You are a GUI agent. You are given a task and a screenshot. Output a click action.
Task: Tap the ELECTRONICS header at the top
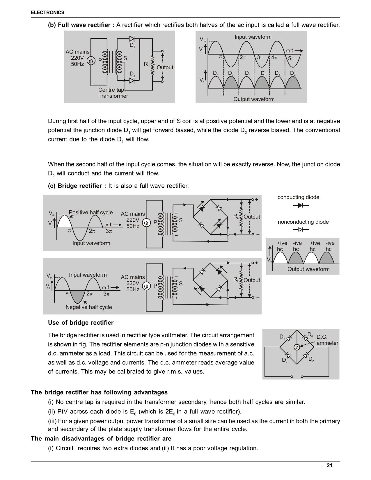coord(47,13)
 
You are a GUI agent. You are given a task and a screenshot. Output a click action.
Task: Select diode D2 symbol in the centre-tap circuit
coord(132,80)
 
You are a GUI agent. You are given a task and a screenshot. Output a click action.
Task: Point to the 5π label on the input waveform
coord(291,58)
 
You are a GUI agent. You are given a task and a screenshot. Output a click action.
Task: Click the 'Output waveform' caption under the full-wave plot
coord(254,99)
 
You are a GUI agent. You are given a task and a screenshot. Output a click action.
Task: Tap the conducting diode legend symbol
coord(301,205)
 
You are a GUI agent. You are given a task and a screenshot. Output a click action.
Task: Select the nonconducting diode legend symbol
coord(301,230)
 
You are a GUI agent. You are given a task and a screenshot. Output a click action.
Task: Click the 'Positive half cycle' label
coord(90,212)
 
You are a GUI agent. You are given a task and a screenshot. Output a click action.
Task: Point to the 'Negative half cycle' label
coord(89,307)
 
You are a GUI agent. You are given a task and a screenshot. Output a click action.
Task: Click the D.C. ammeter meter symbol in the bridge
coord(297,347)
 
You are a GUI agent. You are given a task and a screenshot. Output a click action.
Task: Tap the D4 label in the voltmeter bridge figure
coord(310,334)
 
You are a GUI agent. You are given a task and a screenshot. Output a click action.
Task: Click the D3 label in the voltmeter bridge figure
coord(285,360)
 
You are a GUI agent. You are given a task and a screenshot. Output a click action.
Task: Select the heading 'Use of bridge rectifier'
coord(81,323)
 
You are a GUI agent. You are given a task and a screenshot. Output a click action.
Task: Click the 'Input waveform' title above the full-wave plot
coord(253,37)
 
